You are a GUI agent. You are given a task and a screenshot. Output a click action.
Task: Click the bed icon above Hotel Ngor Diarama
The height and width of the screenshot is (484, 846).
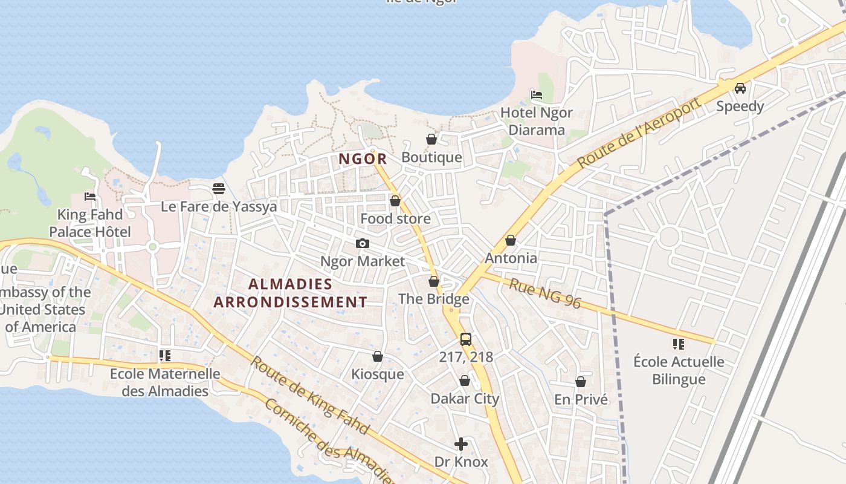(536, 94)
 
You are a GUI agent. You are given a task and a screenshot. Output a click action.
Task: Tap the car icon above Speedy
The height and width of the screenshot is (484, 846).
(740, 88)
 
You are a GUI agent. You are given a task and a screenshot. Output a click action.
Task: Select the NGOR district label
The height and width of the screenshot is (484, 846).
(363, 159)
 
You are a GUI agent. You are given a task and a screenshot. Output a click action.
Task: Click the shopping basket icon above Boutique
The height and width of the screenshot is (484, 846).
(431, 140)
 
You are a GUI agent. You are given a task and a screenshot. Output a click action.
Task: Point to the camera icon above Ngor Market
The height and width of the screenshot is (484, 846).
(363, 243)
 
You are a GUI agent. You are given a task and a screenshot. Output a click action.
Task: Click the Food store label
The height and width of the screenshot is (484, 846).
(395, 218)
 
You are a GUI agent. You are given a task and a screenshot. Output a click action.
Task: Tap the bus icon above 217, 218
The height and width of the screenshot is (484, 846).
(465, 339)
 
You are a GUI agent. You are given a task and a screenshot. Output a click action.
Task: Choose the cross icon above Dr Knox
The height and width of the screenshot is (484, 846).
(461, 445)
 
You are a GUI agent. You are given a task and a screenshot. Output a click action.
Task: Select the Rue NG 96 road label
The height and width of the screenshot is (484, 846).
(544, 293)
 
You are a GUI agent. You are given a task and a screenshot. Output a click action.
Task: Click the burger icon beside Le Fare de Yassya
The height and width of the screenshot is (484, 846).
(219, 189)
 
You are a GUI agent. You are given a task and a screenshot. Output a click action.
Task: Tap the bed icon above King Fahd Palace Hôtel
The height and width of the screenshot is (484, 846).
(90, 197)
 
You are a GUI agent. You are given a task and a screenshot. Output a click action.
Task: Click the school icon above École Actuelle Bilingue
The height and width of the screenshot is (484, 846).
(679, 344)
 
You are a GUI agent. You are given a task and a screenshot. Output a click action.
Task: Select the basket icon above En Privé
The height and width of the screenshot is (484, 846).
(581, 382)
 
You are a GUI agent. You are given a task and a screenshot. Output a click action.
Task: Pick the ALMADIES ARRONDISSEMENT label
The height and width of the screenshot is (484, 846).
(290, 293)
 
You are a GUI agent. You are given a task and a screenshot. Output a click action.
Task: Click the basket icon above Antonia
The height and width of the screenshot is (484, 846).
(511, 240)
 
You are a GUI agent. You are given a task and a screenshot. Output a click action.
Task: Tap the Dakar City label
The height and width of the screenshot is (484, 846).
(464, 399)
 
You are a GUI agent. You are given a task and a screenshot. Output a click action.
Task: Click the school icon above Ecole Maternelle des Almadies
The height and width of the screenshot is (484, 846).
(164, 356)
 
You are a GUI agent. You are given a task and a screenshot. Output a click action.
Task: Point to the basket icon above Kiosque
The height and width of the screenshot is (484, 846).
(378, 356)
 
